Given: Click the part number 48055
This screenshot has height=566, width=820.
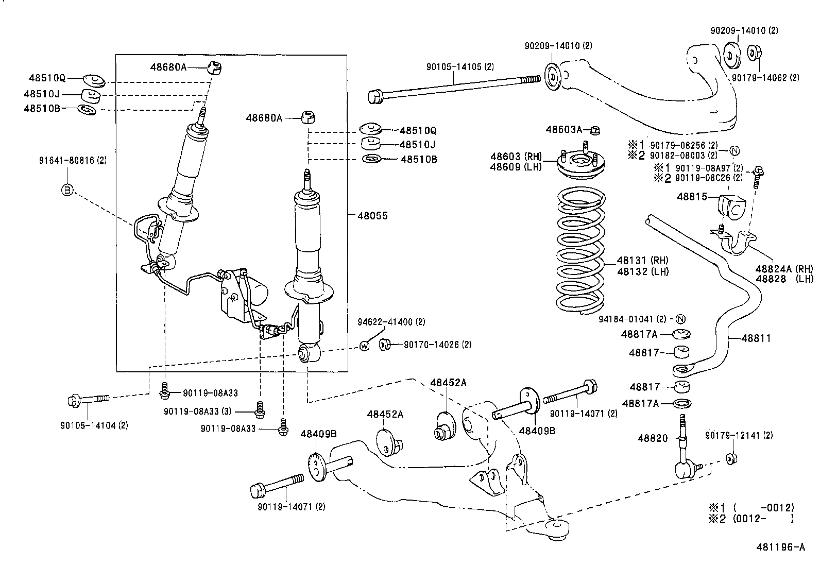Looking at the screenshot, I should click(372, 216).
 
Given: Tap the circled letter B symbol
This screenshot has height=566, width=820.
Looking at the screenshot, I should click(67, 190).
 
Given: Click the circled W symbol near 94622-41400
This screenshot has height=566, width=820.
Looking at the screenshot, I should click(364, 346).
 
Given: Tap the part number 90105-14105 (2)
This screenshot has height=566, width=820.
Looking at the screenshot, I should click(460, 66).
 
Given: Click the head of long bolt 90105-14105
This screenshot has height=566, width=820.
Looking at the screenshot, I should click(376, 96).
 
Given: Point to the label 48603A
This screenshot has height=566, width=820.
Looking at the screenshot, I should click(563, 129).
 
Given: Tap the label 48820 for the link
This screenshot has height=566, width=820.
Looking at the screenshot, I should click(652, 438).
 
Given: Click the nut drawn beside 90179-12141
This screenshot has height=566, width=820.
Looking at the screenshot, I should click(730, 458).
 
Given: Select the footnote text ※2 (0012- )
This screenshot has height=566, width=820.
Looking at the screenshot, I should click(751, 519).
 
